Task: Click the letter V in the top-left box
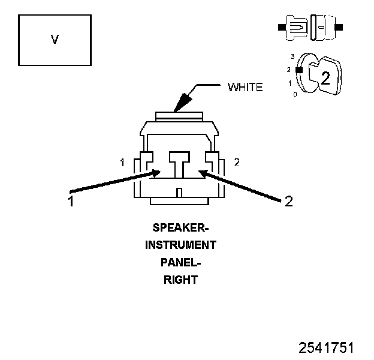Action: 55,40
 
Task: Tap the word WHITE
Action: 245,88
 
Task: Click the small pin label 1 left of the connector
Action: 122,163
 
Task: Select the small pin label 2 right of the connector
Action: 237,162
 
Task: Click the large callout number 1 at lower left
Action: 71,202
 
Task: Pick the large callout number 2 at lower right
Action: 289,202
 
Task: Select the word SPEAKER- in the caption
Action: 180,228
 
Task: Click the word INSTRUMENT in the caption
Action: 180,245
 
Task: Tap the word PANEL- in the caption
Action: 180,262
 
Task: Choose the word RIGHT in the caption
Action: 180,280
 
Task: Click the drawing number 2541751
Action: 327,348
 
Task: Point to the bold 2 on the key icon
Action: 325,77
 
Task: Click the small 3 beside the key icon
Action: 292,56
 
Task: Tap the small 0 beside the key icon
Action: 294,94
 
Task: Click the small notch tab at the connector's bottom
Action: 179,192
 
